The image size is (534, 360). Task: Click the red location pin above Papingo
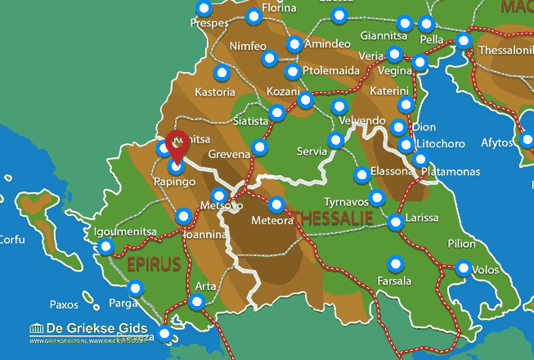[x=176, y=145]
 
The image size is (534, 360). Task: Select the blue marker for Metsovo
[x=218, y=196]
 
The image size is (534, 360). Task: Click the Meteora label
[x=271, y=220]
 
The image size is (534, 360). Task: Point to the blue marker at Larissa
[x=396, y=221]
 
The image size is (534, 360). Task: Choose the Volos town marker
[x=464, y=268]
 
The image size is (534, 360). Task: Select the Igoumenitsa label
[x=125, y=232]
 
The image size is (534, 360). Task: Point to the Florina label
[x=278, y=9]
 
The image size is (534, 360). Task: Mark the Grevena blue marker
[x=260, y=147]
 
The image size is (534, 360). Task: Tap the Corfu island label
[x=11, y=240]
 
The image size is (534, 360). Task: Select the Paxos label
[x=64, y=304]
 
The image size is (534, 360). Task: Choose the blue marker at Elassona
[x=361, y=175]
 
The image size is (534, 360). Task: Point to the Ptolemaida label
[x=330, y=70]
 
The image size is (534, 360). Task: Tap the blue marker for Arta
[x=196, y=302]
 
